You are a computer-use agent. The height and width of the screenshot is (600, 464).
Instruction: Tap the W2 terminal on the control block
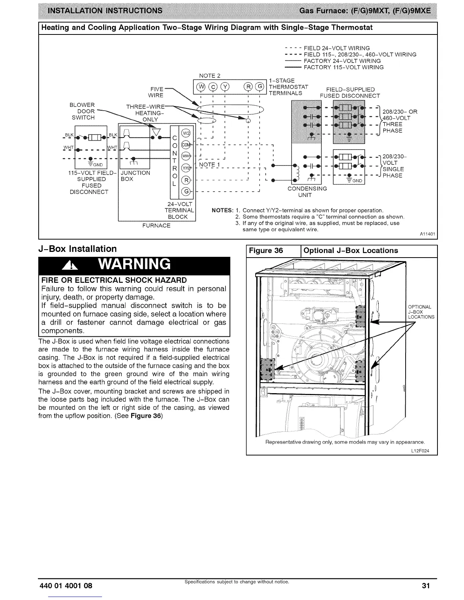pyautogui.click(x=186, y=133)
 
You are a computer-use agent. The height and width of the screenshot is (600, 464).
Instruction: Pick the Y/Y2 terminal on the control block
pyautogui.click(x=186, y=168)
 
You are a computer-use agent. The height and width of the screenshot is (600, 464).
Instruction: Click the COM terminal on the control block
pyautogui.click(x=186, y=144)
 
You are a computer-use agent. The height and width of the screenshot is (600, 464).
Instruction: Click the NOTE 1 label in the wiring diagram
pyautogui.click(x=210, y=164)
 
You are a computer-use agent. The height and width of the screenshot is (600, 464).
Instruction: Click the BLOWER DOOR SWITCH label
pyautogui.click(x=82, y=111)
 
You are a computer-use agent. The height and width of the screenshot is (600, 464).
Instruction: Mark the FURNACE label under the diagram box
pyautogui.click(x=156, y=226)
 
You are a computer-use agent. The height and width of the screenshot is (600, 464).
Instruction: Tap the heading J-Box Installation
pyautogui.click(x=77, y=249)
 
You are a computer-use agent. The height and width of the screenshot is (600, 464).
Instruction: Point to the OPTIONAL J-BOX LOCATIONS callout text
pyautogui.click(x=421, y=312)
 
